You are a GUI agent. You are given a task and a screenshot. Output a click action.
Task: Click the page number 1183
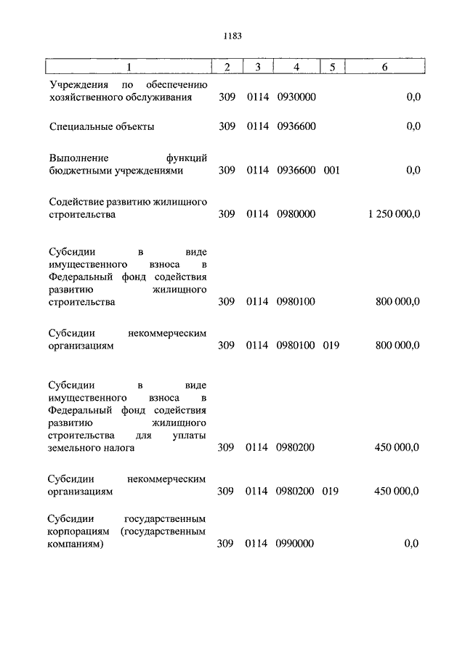(232, 35)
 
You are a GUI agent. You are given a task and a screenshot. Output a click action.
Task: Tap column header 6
(384, 68)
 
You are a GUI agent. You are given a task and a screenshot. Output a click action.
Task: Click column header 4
(296, 68)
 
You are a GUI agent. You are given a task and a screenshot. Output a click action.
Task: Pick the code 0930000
(296, 97)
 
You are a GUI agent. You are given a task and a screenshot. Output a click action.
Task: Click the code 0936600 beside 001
(296, 171)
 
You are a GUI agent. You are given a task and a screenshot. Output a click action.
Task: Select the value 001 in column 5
(332, 171)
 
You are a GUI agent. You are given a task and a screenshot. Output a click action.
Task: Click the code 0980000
(296, 214)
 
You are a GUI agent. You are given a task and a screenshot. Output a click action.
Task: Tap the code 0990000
(296, 544)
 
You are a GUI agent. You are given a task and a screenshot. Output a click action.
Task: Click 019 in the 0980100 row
(332, 346)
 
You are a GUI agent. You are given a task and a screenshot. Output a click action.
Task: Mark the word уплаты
(191, 435)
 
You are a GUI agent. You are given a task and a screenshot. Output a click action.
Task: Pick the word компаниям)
(77, 544)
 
